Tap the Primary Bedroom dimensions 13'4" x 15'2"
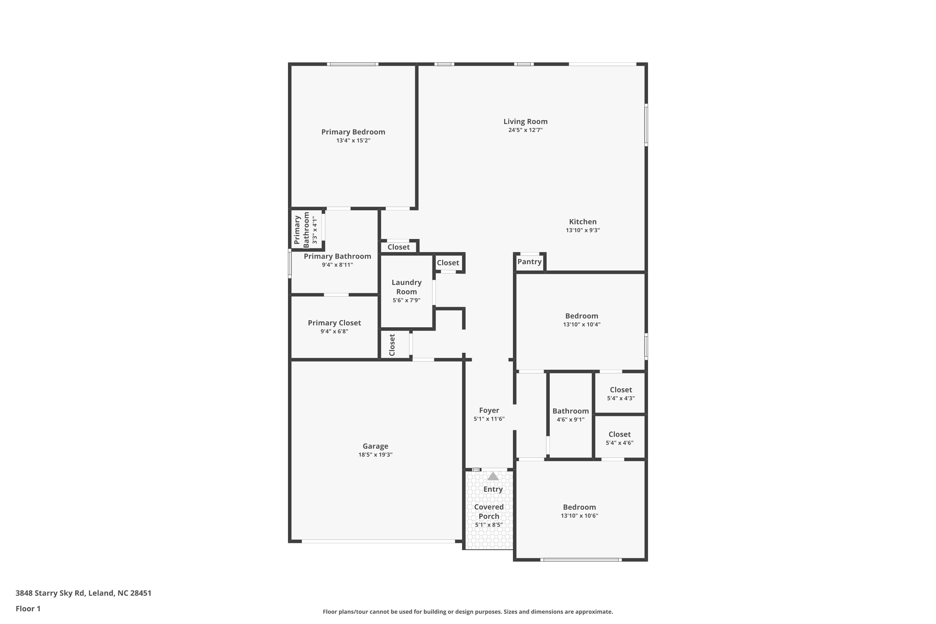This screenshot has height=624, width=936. point(353,140)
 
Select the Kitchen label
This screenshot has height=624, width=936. point(582,222)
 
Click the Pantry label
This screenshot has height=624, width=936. point(529,261)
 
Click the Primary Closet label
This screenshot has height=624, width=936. point(334,323)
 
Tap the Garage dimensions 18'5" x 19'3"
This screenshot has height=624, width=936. point(375,455)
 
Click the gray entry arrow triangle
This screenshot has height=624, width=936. point(493,476)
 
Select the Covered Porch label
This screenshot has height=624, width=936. point(489,511)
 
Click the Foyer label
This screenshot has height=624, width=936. point(489,410)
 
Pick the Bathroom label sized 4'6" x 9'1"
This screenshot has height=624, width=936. point(570,411)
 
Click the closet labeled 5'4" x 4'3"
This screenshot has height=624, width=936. point(621,390)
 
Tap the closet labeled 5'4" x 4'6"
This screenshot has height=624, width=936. point(619,435)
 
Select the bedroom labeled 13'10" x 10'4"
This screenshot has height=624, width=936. point(582,316)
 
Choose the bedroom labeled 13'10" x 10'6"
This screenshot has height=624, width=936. point(579,507)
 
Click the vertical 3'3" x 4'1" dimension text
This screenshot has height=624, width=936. point(315,230)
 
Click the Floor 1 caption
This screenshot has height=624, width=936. point(28,608)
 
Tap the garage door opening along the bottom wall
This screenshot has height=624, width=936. point(378,541)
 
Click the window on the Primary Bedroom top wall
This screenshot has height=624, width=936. point(353,64)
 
